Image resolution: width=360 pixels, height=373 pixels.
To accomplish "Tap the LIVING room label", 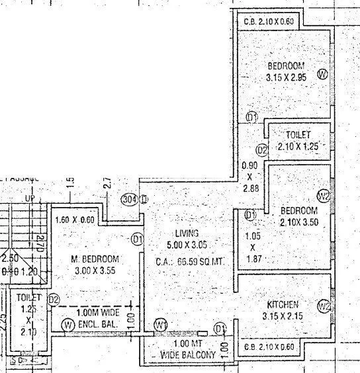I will point(186,233).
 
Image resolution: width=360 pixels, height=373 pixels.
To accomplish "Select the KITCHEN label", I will point(283,304).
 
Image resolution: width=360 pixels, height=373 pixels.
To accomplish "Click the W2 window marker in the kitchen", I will point(324,306).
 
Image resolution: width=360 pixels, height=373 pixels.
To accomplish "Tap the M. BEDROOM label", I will point(95,259).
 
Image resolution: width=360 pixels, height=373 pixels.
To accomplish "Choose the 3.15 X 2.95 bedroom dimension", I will point(285,77).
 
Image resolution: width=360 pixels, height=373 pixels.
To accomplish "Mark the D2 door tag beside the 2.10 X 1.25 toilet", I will point(262,150).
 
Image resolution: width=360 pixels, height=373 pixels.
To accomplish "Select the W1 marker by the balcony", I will point(160,325).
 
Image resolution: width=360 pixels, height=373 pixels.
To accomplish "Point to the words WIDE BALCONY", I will point(188,356).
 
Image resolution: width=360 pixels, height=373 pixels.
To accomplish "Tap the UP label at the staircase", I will point(28,198).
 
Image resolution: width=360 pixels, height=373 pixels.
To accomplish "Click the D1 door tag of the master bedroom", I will point(138,239).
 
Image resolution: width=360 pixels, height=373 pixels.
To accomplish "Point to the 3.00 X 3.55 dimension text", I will point(95,270).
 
